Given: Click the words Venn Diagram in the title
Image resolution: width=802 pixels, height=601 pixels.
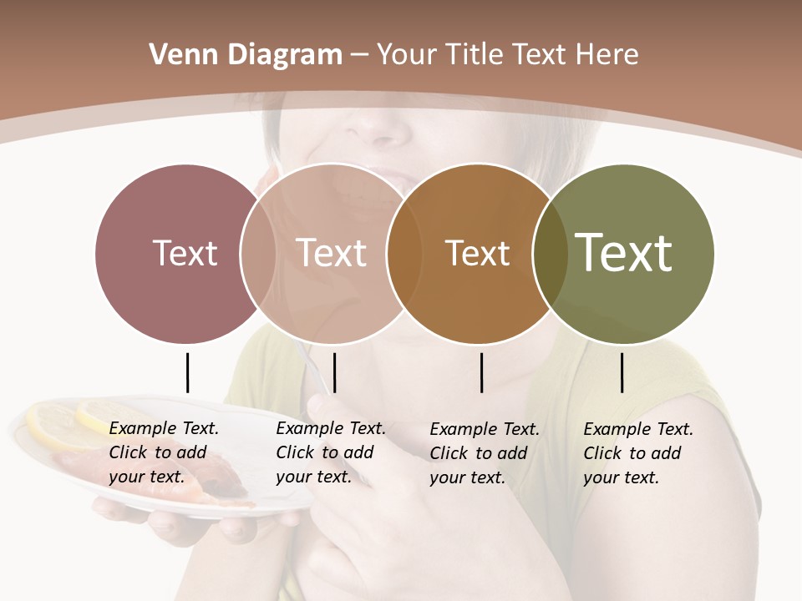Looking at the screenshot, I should pos(246,55).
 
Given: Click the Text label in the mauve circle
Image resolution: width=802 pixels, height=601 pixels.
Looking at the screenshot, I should pos(185,253).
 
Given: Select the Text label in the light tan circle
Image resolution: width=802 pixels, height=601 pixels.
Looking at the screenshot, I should pos(331,253).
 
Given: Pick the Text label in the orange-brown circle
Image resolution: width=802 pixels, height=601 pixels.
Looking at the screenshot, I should pos(477,253).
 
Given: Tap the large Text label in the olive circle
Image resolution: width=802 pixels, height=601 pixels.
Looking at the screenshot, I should pos(624,252).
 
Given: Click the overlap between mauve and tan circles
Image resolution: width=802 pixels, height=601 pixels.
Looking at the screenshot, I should pos(258,253).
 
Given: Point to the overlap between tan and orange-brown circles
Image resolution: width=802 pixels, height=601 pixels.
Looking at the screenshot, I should pos(404,253).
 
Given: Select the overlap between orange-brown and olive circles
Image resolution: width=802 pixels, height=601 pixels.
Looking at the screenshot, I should pos(550,253).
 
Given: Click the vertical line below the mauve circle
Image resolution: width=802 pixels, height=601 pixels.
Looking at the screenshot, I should pos(187,372).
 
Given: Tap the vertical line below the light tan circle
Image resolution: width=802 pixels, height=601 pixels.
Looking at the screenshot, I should pos(334,372).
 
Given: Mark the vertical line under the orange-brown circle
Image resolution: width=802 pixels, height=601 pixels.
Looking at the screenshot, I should pos(482,372).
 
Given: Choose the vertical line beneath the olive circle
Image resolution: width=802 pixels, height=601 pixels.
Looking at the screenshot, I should pos(622,372).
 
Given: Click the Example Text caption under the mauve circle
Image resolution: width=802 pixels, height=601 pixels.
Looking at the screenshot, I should pos(163,452).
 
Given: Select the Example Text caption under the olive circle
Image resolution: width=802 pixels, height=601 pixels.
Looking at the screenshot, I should pos(637,453).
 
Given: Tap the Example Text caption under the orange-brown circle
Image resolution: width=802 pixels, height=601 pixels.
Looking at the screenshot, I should pos(484,453).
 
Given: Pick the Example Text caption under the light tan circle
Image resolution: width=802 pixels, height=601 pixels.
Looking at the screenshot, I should pos(330,452).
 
